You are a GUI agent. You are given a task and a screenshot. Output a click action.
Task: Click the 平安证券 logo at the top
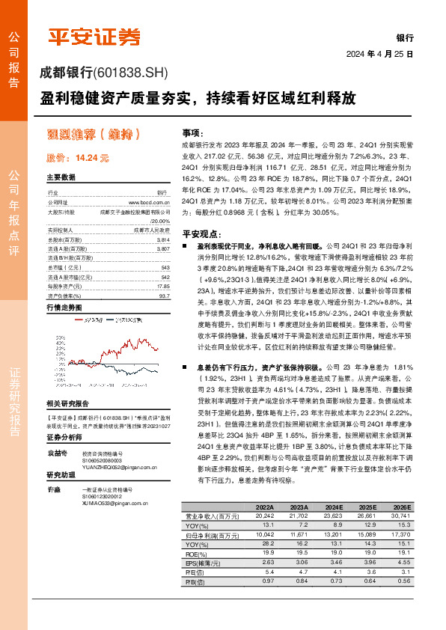pos(94,37)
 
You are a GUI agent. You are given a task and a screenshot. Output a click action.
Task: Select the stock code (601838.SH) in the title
pos(132,73)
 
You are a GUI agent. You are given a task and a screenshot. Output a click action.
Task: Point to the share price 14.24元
pos(78,159)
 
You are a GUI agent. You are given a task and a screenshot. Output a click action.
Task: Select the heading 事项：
pos(192,131)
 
